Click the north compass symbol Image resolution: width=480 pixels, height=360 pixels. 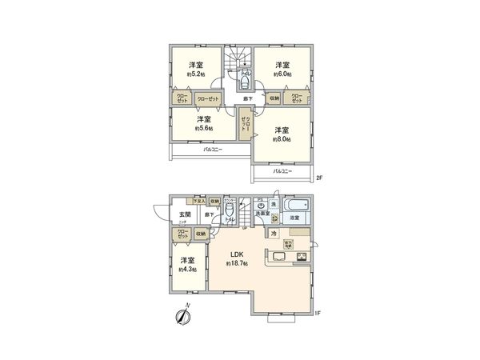click(183, 317)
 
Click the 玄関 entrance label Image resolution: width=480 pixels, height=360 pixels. click(184, 214)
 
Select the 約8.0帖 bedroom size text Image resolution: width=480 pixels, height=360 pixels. click(282, 138)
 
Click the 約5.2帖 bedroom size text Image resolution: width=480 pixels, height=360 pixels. click(195, 74)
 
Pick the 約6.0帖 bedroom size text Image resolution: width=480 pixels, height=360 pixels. click(282, 74)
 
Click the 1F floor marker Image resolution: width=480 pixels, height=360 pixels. click(318, 313)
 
